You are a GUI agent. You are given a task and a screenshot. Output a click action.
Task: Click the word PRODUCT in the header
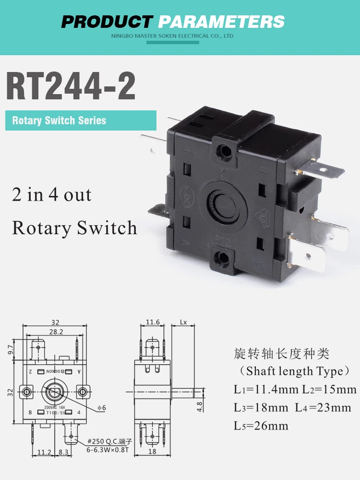(107, 22)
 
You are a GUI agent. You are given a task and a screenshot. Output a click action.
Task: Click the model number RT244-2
(71, 86)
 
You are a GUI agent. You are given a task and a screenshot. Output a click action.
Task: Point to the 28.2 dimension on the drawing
(56, 332)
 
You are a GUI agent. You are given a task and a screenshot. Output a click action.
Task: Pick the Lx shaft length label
(183, 323)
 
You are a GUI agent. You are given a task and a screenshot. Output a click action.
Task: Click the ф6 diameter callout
(101, 408)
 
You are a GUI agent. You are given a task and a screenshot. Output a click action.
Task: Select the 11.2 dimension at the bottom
(44, 452)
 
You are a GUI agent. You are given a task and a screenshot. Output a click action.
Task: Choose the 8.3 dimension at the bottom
(63, 452)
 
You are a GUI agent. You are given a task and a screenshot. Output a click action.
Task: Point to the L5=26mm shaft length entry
(261, 426)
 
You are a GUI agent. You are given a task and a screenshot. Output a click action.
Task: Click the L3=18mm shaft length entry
(259, 408)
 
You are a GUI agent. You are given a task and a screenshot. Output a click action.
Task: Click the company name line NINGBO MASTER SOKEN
(172, 36)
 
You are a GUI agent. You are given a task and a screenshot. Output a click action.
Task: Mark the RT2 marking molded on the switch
(222, 238)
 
